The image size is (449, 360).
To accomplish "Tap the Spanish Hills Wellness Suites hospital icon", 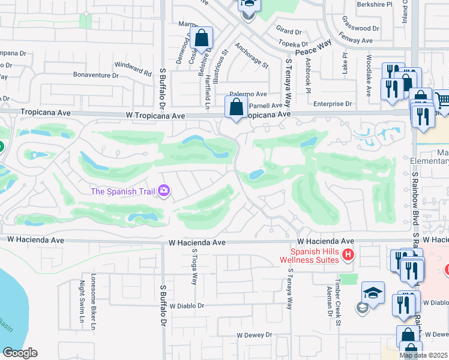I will (x=348, y=256).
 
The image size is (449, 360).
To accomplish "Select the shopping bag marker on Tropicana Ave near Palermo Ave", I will (x=237, y=109).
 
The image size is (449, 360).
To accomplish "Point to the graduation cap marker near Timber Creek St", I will (x=373, y=293).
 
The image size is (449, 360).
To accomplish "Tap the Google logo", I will (x=20, y=353).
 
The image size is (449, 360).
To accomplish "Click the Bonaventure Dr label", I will (x=95, y=76).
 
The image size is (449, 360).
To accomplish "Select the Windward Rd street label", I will (x=133, y=68).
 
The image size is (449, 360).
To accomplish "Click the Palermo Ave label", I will (x=249, y=94).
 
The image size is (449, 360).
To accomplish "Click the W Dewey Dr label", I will (x=254, y=335).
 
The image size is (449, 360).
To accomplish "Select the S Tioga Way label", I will (x=194, y=269).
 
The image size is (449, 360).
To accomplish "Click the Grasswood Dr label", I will (x=361, y=28).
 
